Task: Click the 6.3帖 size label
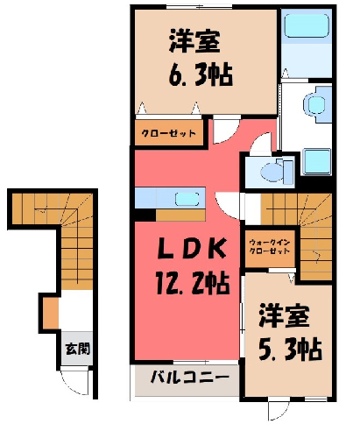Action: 201,74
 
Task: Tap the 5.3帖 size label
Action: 290,349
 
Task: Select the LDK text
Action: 192,249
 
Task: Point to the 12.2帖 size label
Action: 193,282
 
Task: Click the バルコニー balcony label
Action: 190,378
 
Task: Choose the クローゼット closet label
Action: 168,133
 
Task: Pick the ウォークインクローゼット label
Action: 270,247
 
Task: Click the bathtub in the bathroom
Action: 307,25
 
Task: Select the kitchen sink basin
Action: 187,199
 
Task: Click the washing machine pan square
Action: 317,161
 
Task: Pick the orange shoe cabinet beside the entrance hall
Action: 51,313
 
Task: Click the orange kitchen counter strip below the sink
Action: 180,215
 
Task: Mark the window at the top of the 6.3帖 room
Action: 200,7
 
